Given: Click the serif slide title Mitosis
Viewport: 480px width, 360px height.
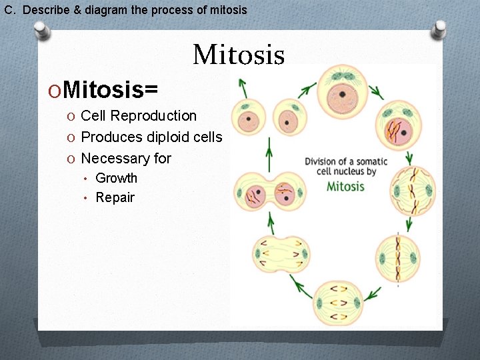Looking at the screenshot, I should click(x=239, y=55).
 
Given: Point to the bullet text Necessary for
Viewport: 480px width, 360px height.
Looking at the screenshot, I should click(x=126, y=159).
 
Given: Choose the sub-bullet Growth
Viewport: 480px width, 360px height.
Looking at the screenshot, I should click(x=116, y=178).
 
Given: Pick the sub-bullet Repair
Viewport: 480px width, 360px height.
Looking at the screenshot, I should click(x=115, y=197).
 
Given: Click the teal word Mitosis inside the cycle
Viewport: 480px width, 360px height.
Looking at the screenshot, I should click(x=345, y=185).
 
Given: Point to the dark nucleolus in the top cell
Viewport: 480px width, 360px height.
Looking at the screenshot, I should click(x=343, y=95).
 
